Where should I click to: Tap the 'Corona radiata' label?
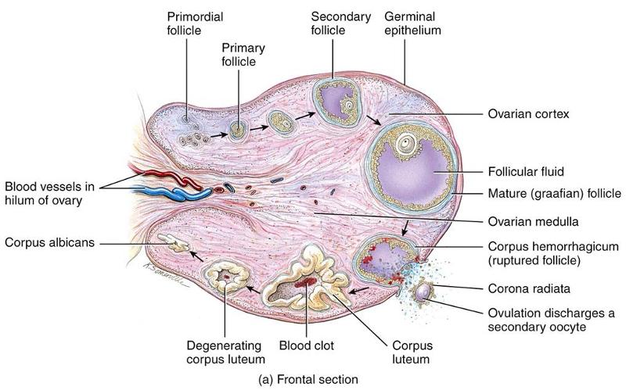526,287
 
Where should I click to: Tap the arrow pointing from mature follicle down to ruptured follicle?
404,227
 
